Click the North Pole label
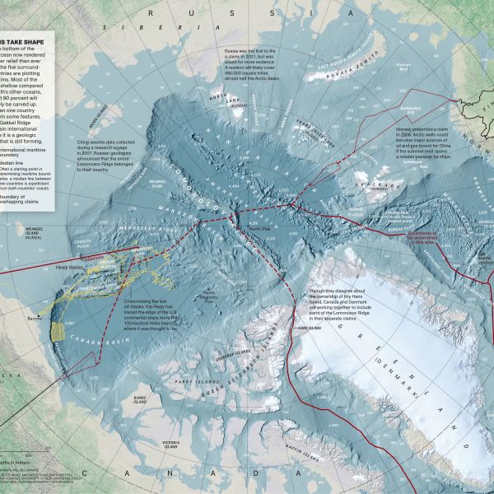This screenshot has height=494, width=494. [x=259, y=228]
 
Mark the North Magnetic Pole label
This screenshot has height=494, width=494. [x=210, y=294]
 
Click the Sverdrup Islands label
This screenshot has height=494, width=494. [x=226, y=357]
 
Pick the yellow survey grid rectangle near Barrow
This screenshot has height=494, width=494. [x=57, y=331]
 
